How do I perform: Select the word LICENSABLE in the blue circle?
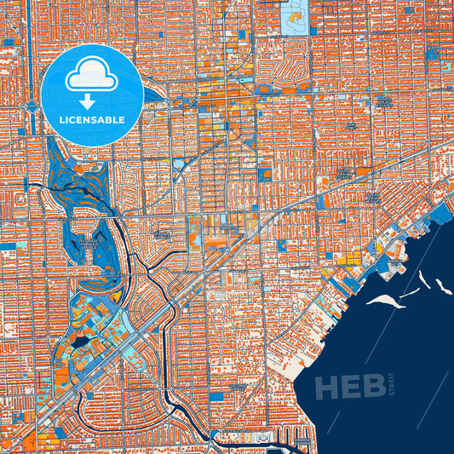click(x=91, y=121)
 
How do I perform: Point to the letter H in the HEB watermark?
click(x=328, y=387)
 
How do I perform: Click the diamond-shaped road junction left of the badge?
click(x=32, y=107)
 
